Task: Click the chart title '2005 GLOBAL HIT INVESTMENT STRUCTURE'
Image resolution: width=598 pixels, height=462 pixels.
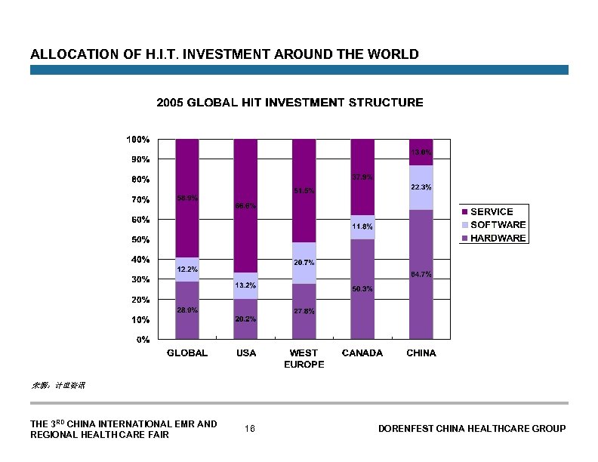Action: coord(289,103)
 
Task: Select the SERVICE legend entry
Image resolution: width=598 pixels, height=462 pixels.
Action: coord(492,212)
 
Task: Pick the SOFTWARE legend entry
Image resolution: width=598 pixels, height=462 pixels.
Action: coord(498,225)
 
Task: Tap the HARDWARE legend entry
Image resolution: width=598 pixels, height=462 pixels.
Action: coord(498,238)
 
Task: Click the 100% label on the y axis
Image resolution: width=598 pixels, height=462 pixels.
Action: coord(137,140)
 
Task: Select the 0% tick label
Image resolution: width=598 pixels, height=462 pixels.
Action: coord(142,340)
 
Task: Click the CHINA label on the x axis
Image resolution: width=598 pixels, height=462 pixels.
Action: coord(421,353)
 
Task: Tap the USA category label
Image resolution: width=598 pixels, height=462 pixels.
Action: coord(245,353)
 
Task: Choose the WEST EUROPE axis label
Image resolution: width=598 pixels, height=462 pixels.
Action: coord(304,359)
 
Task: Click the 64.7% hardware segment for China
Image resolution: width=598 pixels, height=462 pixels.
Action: coord(421,275)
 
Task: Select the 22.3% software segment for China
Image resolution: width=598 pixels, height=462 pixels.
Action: coord(421,187)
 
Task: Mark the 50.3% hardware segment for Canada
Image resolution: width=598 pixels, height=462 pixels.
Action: coord(362,289)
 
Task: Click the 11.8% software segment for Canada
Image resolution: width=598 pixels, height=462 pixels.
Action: coord(362,226)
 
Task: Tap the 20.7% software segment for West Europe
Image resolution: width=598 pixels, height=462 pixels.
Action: coord(304,263)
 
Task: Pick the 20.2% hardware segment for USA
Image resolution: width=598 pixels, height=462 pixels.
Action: coord(245,319)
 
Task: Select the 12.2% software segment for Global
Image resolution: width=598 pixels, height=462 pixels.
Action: coord(187,269)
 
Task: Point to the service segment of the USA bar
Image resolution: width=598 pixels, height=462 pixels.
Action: coord(245,205)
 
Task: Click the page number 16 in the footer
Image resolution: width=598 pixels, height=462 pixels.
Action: coord(250,429)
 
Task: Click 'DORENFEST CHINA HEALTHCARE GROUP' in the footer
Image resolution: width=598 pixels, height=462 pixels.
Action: coord(471,429)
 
